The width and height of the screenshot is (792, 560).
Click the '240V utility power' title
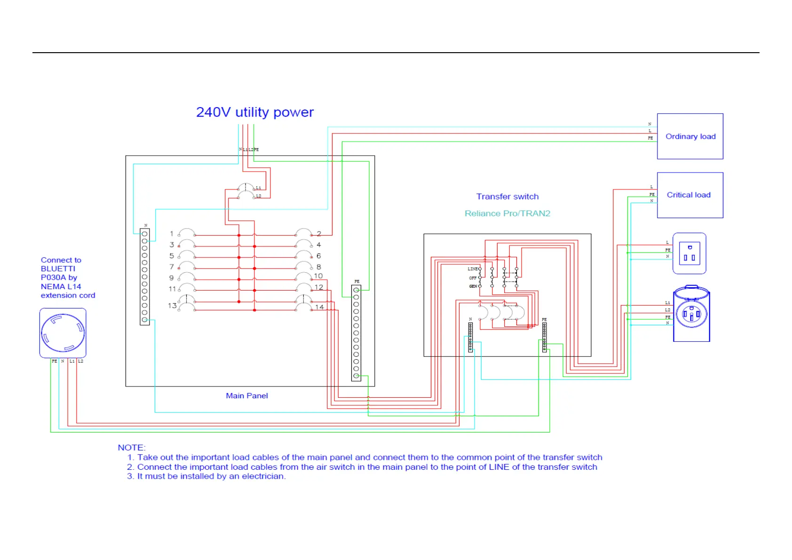point(254,112)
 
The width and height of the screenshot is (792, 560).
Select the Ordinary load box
point(689,136)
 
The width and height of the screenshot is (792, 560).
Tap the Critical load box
point(689,195)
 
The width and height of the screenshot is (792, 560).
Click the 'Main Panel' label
point(246,396)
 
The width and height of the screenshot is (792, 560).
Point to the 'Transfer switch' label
point(507,197)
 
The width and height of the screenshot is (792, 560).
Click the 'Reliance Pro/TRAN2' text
point(507,213)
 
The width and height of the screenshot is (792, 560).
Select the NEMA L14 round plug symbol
point(63,333)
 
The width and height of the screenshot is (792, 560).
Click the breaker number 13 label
point(172,306)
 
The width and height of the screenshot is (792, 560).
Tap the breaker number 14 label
point(319,307)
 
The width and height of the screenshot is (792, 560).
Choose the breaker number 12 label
point(319,287)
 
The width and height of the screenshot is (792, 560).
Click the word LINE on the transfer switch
point(472,269)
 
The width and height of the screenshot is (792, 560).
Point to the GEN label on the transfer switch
point(473,286)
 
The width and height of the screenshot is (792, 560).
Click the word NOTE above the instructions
point(132,448)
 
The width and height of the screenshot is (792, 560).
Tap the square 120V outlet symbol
point(689,253)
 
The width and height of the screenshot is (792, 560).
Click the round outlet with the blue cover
point(691,314)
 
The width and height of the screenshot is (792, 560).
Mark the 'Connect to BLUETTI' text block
point(68,277)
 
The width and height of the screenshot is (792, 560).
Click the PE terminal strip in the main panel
point(356,333)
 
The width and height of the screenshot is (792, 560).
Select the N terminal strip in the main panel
point(144,276)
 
